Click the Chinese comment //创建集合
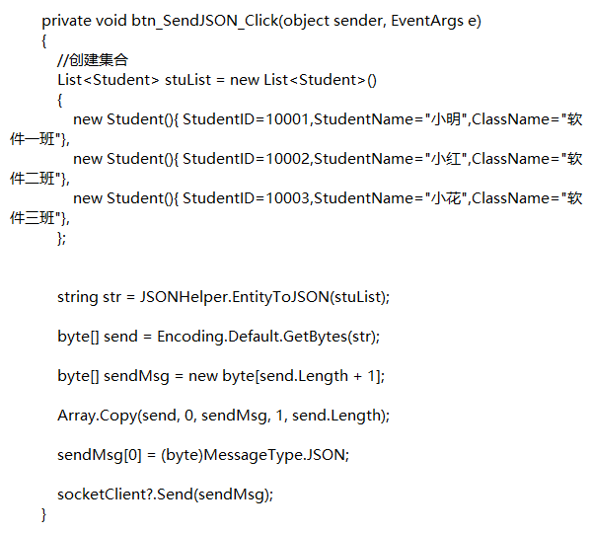click(93, 60)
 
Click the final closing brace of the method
click(44, 514)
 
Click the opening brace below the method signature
click(44, 40)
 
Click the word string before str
click(77, 297)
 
